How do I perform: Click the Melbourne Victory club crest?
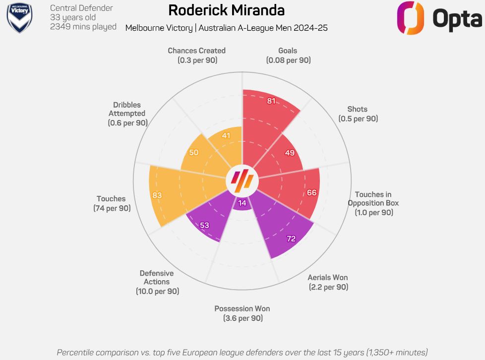pyautogui.click(x=19, y=18)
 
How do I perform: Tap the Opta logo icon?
pyautogui.click(x=410, y=18)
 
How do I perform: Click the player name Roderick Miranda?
pyautogui.click(x=226, y=10)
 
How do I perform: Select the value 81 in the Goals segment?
pyautogui.click(x=271, y=101)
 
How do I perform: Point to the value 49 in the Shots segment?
pyautogui.click(x=290, y=153)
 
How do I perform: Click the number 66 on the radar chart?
pyautogui.click(x=311, y=192)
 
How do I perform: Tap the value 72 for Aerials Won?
pyautogui.click(x=291, y=239)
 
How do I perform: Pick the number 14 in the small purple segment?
pyautogui.click(x=242, y=203)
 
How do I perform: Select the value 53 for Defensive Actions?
pyautogui.click(x=204, y=225)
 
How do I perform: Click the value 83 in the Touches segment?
pyautogui.click(x=157, y=195)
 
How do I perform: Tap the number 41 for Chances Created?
pyautogui.click(x=226, y=135)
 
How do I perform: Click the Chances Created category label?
pyautogui.click(x=196, y=51)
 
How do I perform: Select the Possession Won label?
pyautogui.click(x=242, y=308)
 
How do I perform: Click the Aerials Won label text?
pyautogui.click(x=327, y=277)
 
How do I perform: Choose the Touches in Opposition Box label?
pyautogui.click(x=373, y=199)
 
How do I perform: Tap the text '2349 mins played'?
pyautogui.click(x=83, y=27)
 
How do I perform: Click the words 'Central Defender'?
pyautogui.click(x=81, y=8)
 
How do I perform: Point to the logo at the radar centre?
pyautogui.click(x=242, y=180)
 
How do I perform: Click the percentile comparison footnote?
pyautogui.click(x=242, y=353)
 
